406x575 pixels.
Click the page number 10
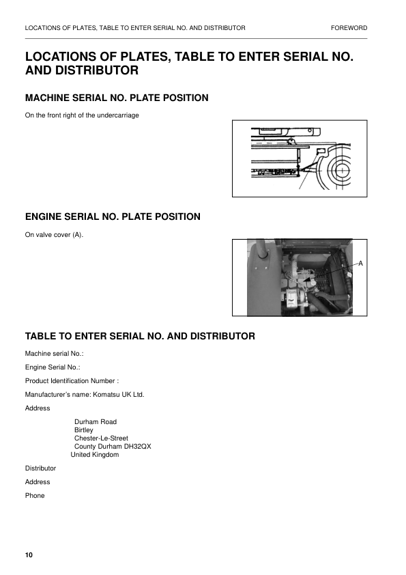[29, 555]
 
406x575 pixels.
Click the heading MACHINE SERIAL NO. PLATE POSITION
[117, 98]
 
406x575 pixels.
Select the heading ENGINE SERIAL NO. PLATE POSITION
[113, 217]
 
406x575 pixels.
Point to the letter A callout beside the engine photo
[360, 263]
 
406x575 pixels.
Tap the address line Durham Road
[96, 422]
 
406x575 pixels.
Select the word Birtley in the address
[84, 430]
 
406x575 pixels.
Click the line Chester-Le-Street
[101, 438]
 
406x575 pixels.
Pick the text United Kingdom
[95, 454]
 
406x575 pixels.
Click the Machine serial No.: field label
[54, 353]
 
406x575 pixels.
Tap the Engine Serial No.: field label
[53, 367]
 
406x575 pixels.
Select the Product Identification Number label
[72, 380]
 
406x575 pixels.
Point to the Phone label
[35, 495]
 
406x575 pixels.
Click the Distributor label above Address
[40, 468]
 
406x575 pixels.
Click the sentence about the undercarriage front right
[82, 115]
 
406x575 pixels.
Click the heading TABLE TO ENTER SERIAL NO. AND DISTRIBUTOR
[140, 336]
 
